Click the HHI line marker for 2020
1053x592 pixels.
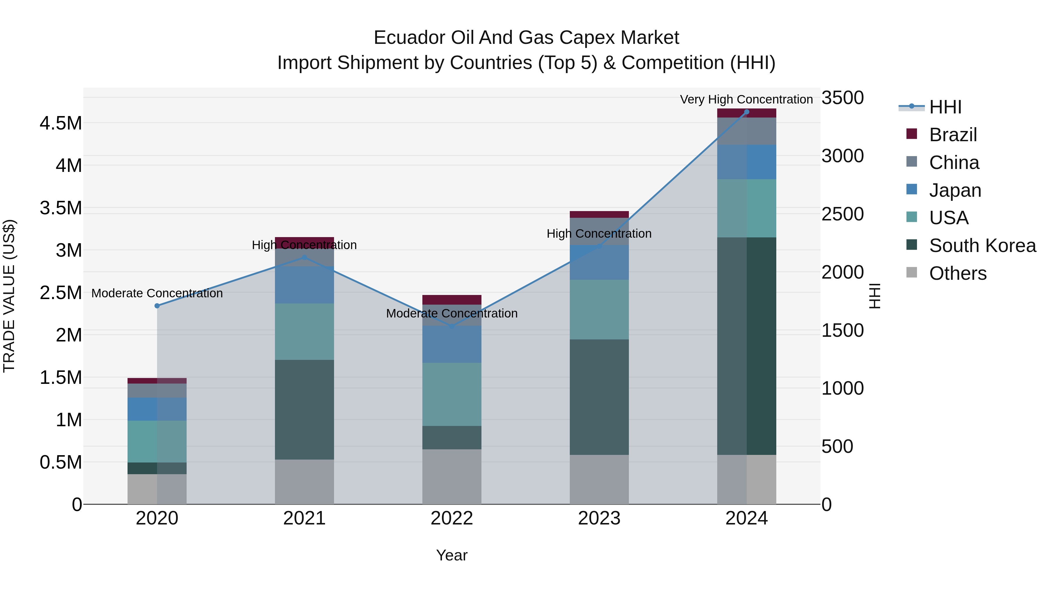[x=157, y=306]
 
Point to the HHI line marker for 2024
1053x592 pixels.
[x=746, y=112]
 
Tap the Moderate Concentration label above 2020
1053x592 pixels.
[x=157, y=293]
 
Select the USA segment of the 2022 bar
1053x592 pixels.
[x=452, y=394]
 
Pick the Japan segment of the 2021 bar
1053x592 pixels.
[x=304, y=285]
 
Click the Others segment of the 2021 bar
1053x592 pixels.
[x=304, y=482]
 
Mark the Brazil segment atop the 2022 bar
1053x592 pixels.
[x=452, y=299]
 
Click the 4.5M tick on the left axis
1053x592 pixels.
[x=61, y=123]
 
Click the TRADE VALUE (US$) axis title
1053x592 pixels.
[x=9, y=296]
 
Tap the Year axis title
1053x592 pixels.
[x=451, y=555]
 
